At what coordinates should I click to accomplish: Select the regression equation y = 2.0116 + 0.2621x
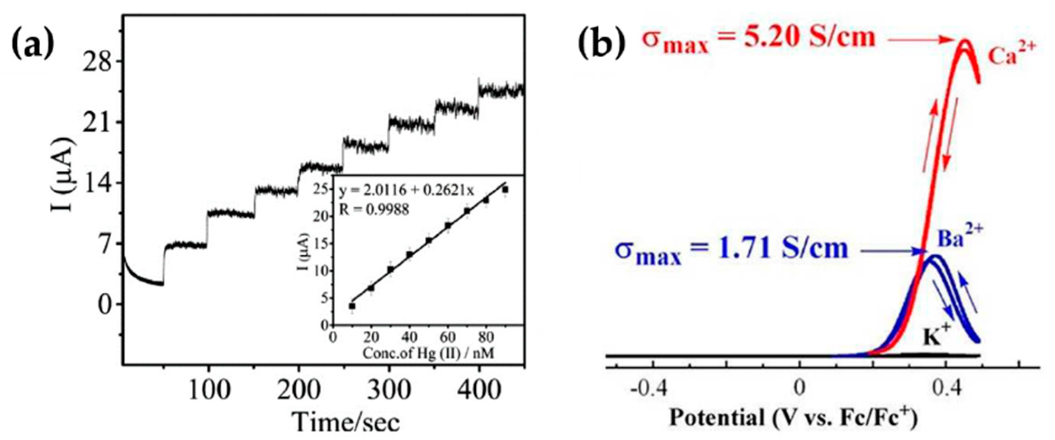click(x=407, y=192)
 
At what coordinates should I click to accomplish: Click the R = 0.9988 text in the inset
click(x=374, y=210)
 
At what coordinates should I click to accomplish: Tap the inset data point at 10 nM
click(x=352, y=306)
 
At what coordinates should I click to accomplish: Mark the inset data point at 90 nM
click(x=505, y=190)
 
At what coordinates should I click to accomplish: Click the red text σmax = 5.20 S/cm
click(x=758, y=40)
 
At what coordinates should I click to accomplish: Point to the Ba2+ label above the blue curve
click(x=953, y=238)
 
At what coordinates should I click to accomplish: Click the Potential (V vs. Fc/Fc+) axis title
click(x=793, y=418)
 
